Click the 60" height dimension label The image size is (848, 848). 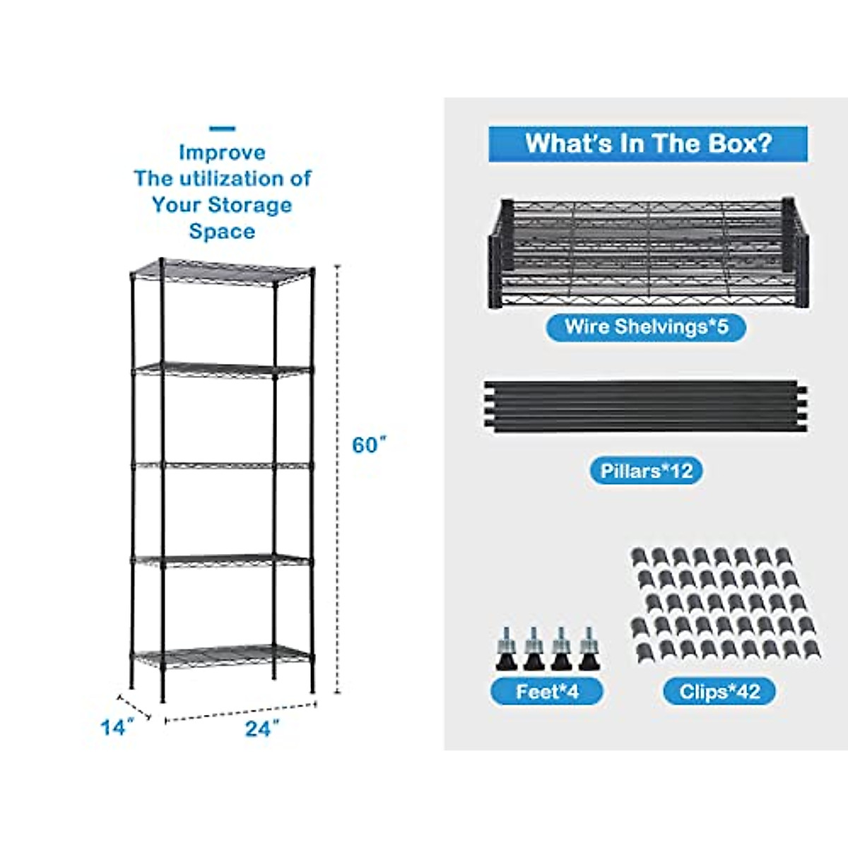coord(370,446)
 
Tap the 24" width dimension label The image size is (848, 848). coord(262,729)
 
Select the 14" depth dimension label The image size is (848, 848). coord(117,726)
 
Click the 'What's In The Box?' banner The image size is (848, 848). coord(647,143)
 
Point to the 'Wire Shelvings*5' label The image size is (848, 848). coord(646,327)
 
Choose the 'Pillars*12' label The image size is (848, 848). coord(646,471)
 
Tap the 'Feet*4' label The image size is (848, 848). coord(547,691)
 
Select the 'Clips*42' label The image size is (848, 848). coord(719,691)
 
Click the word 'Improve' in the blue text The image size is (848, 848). coord(222,153)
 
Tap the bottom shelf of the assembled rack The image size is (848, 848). coord(223,654)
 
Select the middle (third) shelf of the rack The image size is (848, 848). coord(223,465)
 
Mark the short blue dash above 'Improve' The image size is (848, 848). coord(223,129)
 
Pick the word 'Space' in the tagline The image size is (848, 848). coord(222,232)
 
